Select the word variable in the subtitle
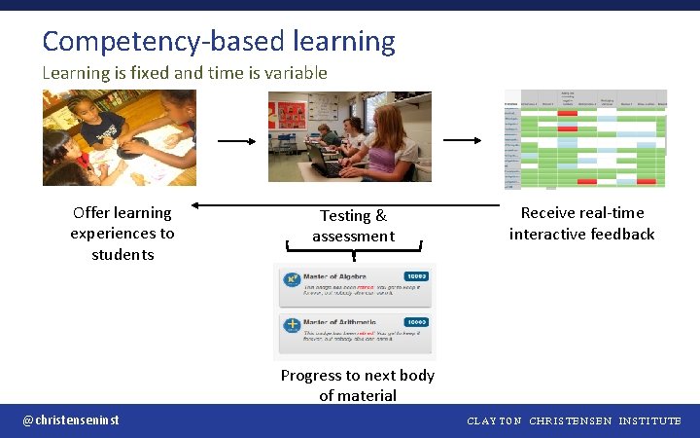[294, 73]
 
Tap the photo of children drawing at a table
[120, 137]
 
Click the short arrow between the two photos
[236, 140]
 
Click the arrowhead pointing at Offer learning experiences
[196, 205]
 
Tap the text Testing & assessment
[353, 226]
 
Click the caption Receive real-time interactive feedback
[581, 223]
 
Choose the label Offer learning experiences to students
[122, 234]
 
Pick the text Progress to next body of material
[357, 385]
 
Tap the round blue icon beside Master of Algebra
[291, 280]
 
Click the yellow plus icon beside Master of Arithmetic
[291, 325]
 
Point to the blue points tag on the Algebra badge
[416, 276]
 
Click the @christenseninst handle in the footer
[71, 420]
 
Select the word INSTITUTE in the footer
[649, 421]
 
